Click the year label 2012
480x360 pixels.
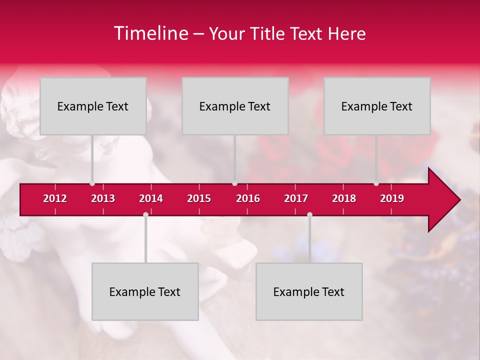point(55,198)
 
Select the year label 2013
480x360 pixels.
point(103,198)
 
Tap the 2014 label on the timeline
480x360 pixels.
point(151,198)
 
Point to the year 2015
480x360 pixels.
point(199,198)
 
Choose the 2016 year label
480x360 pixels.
point(248,198)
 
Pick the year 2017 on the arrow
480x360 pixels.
point(296,198)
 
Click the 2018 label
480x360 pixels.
point(344,198)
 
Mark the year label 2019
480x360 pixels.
point(392,198)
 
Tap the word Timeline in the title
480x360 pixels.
point(150,33)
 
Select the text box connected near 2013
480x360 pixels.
point(93,106)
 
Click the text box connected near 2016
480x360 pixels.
point(235,106)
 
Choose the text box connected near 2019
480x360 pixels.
point(377,106)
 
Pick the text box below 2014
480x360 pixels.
point(145,291)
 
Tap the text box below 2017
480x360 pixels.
point(309,291)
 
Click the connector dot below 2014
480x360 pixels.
point(145,214)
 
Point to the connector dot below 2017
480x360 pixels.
point(309,214)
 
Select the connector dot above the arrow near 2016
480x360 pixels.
point(234,183)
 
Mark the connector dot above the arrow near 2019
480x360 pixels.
point(376,183)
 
